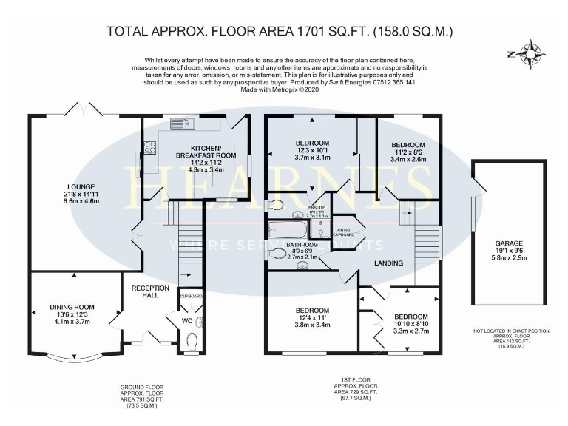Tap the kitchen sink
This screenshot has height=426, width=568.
tap(180, 123)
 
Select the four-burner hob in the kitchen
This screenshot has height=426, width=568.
tap(150, 147)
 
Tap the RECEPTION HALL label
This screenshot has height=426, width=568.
tap(150, 291)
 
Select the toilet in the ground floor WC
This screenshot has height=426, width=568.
tap(192, 342)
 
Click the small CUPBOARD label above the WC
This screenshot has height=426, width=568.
tap(191, 296)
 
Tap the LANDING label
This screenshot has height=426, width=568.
tap(388, 263)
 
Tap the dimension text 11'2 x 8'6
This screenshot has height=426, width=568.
tap(408, 152)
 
